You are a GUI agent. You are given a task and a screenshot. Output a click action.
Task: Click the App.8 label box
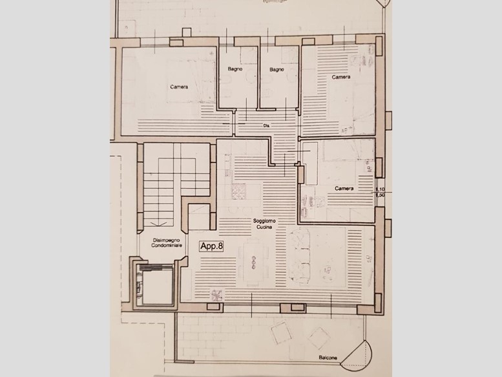(211, 246)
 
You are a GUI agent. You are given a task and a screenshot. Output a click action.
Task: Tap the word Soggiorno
(264, 221)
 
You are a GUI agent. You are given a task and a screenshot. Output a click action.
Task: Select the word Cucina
(264, 228)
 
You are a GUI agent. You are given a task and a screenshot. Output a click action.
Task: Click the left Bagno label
(234, 69)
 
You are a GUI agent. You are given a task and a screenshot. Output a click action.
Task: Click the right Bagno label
(277, 69)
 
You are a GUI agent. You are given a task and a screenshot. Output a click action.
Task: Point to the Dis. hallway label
(266, 125)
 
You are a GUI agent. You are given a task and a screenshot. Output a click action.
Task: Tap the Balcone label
(328, 356)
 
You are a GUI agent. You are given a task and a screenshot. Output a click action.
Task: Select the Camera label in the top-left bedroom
(179, 87)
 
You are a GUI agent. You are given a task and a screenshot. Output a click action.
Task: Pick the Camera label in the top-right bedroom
(341, 78)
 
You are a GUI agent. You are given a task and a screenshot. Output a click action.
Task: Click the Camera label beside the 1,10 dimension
(344, 188)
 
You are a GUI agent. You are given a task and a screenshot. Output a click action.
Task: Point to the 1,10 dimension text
(381, 189)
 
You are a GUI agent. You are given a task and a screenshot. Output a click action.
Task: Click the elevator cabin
(154, 285)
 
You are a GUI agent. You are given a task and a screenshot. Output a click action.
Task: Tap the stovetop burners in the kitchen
(237, 191)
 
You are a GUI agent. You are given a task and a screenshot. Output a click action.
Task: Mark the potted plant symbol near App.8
(216, 293)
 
